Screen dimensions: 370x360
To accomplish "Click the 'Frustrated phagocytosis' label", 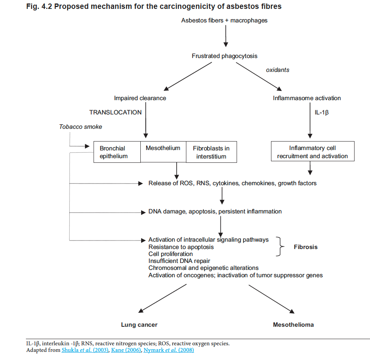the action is (x=224, y=56).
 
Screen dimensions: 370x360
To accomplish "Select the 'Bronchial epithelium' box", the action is (x=117, y=152).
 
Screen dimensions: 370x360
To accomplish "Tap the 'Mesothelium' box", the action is (x=163, y=152).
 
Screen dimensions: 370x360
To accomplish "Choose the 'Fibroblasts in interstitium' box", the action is (x=211, y=152).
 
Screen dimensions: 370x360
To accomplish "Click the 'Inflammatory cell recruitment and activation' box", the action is (x=313, y=151).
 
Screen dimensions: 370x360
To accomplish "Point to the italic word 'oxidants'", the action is (x=278, y=70).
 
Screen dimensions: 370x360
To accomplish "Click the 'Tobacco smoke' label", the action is (x=80, y=127).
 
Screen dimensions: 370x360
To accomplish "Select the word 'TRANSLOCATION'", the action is (x=115, y=113).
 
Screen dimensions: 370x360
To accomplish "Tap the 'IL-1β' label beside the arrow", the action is (x=322, y=113).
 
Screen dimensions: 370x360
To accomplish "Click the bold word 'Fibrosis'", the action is (x=305, y=247).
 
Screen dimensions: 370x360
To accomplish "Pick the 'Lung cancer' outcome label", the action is (x=139, y=325).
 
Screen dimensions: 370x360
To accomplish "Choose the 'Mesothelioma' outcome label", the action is (x=293, y=325).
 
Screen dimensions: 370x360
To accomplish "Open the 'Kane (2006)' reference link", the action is (x=126, y=350).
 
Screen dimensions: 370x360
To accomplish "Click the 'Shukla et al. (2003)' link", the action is (x=85, y=350).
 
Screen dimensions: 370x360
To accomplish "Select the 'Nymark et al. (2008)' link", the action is (x=169, y=350).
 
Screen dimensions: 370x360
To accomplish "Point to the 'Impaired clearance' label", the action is (x=140, y=98).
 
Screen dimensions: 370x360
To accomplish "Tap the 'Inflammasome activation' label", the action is (x=307, y=98).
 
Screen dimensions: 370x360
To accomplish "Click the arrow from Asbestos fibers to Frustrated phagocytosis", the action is (x=226, y=36).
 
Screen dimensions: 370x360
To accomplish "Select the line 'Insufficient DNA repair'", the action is (x=179, y=261).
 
